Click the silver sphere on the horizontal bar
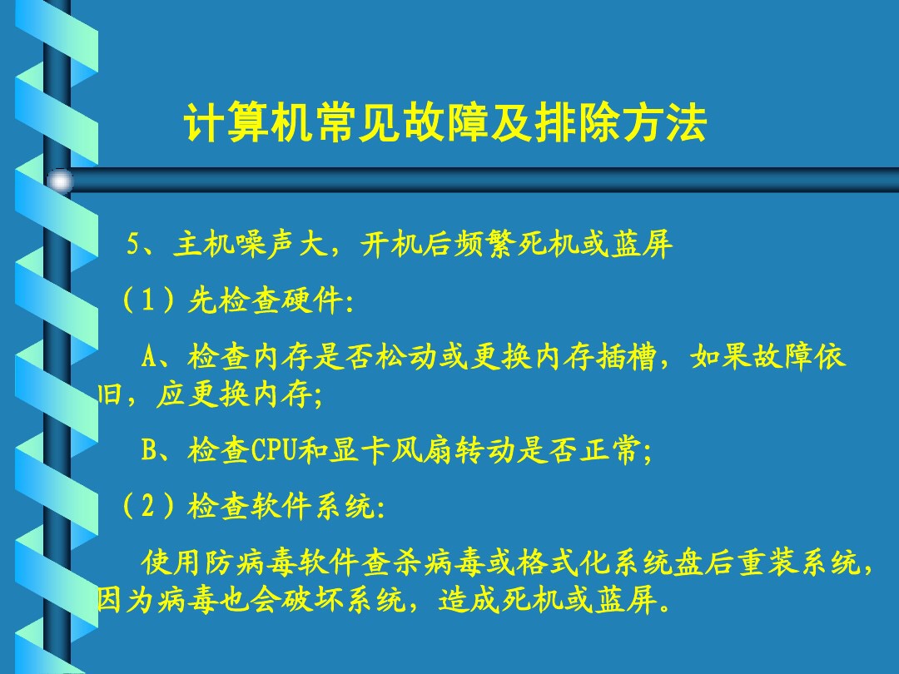pyautogui.click(x=60, y=181)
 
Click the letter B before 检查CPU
pyautogui.click(x=150, y=451)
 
